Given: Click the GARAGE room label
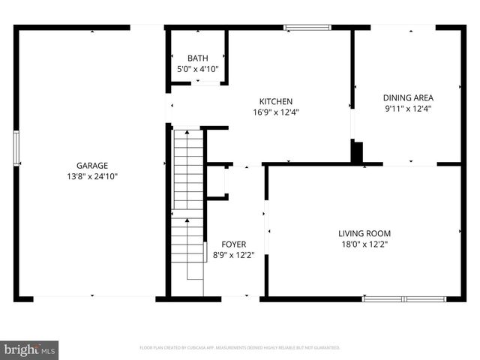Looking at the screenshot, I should pyautogui.click(x=91, y=166).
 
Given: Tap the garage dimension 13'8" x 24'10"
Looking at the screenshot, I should pyautogui.click(x=91, y=176).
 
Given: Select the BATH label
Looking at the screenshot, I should pyautogui.click(x=197, y=58).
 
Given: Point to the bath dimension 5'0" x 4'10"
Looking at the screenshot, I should pyautogui.click(x=197, y=69).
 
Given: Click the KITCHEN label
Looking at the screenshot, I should pyautogui.click(x=275, y=102).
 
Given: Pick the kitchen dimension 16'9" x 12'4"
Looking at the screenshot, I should pyautogui.click(x=275, y=112).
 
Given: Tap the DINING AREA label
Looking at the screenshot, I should pyautogui.click(x=408, y=97).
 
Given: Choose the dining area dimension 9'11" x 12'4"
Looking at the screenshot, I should pyautogui.click(x=408, y=108).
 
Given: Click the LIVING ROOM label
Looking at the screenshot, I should pyautogui.click(x=364, y=233).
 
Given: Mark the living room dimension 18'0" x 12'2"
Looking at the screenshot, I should pyautogui.click(x=364, y=244).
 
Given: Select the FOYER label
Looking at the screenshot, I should pyautogui.click(x=233, y=244).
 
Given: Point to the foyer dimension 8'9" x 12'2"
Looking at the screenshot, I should pyautogui.click(x=233, y=255).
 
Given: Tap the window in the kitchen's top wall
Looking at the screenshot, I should pyautogui.click(x=307, y=28).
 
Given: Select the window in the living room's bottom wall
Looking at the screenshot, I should pyautogui.click(x=403, y=298).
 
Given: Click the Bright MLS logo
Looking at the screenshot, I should pyautogui.click(x=30, y=349).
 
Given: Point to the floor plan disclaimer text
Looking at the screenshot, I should pyautogui.click(x=240, y=348).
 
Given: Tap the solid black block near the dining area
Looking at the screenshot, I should pyautogui.click(x=357, y=151).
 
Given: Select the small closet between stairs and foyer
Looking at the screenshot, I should pyautogui.click(x=215, y=181).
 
